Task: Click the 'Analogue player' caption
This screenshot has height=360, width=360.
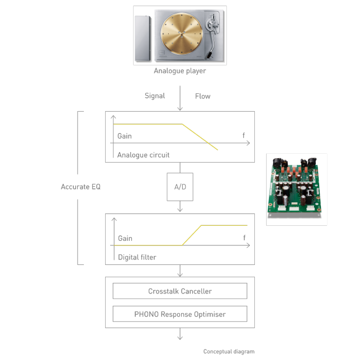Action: [x=180, y=71]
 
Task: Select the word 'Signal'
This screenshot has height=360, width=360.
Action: [x=155, y=96]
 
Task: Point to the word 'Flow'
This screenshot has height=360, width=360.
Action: [x=202, y=96]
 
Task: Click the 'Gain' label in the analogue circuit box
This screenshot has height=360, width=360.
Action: [x=125, y=136]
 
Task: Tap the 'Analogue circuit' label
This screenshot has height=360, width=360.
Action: [x=143, y=155]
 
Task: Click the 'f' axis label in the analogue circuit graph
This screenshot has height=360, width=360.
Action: [x=244, y=136]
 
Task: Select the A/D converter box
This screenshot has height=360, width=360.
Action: [x=180, y=187]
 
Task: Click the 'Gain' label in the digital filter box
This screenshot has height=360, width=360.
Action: [x=125, y=238]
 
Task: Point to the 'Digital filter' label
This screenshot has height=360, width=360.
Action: [x=137, y=257]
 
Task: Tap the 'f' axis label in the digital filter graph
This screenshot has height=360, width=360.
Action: [x=244, y=238]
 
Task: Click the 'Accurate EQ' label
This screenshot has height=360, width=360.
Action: [x=80, y=187]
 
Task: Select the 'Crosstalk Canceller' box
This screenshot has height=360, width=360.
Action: [x=180, y=291]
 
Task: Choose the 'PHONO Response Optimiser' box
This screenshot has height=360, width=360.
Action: [x=180, y=314]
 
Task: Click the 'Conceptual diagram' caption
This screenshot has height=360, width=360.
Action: [x=229, y=352]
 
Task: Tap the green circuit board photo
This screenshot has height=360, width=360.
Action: [x=296, y=190]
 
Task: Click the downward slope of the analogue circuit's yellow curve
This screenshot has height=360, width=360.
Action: [x=200, y=137]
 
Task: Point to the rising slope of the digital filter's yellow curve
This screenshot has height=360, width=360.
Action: [x=192, y=235]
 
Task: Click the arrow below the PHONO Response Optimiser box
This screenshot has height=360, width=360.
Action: [x=180, y=334]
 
